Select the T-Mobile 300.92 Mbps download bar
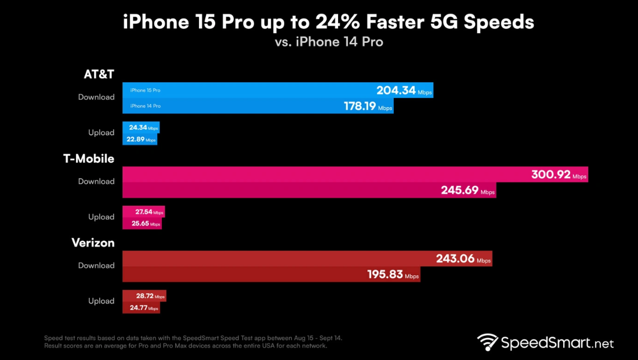click(355, 174)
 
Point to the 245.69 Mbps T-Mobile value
click(462, 191)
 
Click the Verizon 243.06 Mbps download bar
click(307, 259)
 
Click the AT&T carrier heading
click(98, 74)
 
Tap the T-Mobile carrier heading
click(89, 158)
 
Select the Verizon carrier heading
click(93, 242)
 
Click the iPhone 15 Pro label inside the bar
click(145, 90)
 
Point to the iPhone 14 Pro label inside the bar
click(145, 106)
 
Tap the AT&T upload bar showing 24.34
click(141, 128)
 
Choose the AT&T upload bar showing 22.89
click(140, 140)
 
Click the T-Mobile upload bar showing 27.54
click(144, 212)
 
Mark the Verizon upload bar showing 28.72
click(144, 296)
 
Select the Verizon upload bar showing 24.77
click(141, 308)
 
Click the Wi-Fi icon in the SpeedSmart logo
click(488, 343)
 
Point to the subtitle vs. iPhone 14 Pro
click(328, 42)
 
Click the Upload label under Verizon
click(101, 301)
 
